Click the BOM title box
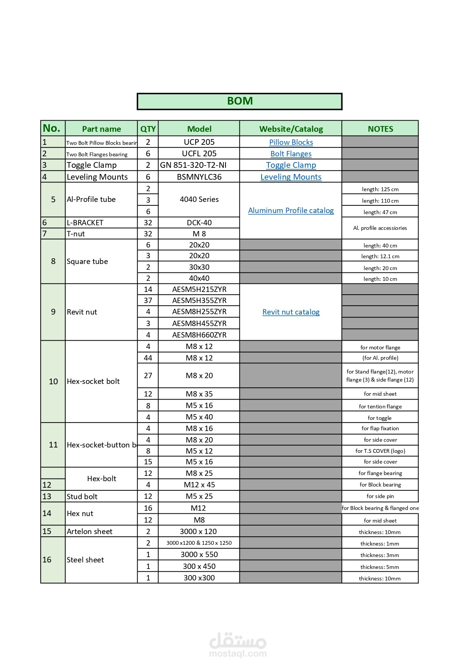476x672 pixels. click(239, 101)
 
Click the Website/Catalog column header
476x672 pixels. click(291, 129)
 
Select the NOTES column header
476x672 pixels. click(380, 129)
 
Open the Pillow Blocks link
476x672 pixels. click(291, 142)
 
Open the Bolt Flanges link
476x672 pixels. click(291, 154)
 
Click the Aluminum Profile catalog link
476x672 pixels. click(291, 210)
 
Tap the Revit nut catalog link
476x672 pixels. click(291, 312)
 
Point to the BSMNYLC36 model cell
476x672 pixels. click(199, 177)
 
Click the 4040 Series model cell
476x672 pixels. click(199, 199)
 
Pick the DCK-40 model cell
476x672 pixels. click(199, 223)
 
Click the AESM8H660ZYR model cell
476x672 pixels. click(199, 335)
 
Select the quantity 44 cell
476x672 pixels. click(148, 358)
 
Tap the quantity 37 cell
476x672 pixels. click(148, 300)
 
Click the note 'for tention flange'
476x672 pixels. click(380, 406)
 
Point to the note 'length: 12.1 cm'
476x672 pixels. click(380, 256)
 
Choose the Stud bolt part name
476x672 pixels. click(82, 497)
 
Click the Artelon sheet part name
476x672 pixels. click(89, 531)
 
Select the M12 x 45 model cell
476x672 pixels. click(199, 485)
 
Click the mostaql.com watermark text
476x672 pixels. click(238, 654)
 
